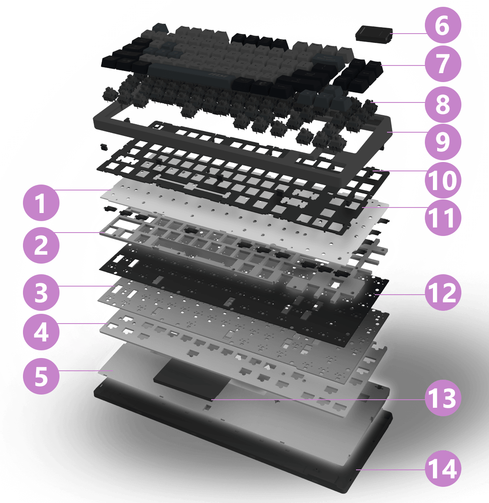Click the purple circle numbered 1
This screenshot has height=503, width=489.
[41, 203]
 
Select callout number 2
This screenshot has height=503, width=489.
[41, 245]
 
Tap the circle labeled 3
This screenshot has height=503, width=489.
[41, 292]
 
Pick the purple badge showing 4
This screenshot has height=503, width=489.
[41, 332]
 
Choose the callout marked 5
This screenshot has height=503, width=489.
[41, 376]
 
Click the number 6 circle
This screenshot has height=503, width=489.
[443, 26]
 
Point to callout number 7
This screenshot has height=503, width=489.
[443, 63]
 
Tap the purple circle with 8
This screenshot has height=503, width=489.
[443, 104]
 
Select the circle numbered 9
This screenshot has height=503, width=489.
[443, 142]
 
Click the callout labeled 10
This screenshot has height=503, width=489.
[443, 180]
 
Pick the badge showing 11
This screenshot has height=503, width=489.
[443, 218]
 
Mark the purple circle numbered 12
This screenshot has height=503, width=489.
[443, 292]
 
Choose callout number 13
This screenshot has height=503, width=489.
[443, 398]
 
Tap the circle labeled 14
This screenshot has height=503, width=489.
[443, 469]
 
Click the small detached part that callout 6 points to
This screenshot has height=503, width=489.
[374, 34]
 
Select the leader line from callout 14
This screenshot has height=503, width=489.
[391, 470]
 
